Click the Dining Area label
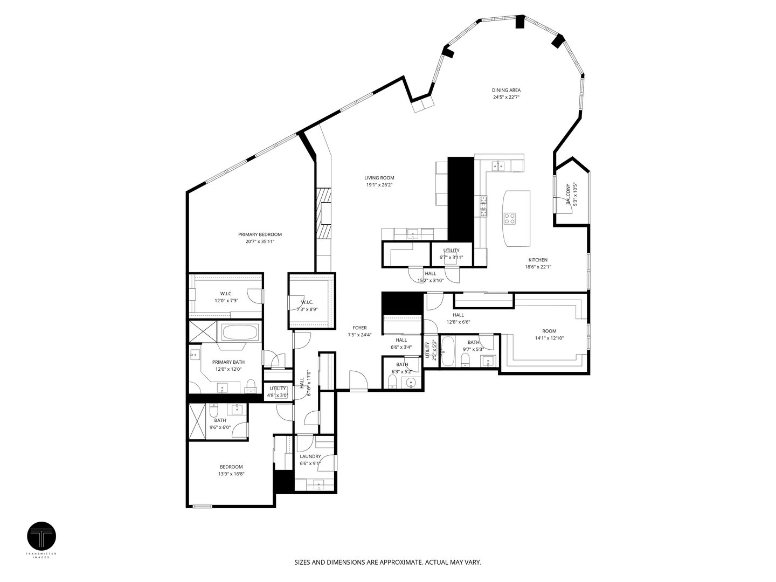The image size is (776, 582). pyautogui.click(x=506, y=91)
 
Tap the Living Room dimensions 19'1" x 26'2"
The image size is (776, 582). pyautogui.click(x=379, y=185)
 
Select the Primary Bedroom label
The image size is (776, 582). pyautogui.click(x=260, y=234)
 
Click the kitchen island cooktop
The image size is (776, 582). pyautogui.click(x=509, y=218)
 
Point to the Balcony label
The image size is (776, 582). pyautogui.click(x=567, y=194)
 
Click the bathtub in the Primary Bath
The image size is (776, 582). pyautogui.click(x=239, y=332)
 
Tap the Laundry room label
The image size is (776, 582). pyautogui.click(x=310, y=456)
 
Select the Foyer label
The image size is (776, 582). pyautogui.click(x=359, y=328)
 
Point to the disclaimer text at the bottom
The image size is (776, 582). pyautogui.click(x=387, y=562)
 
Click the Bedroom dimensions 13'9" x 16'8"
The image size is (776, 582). pyautogui.click(x=231, y=474)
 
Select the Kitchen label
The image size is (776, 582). pyautogui.click(x=538, y=260)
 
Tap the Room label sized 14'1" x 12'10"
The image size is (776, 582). pyautogui.click(x=549, y=331)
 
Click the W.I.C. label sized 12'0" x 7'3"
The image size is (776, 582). pyautogui.click(x=211, y=294)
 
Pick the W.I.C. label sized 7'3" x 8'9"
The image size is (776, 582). pyautogui.click(x=307, y=302)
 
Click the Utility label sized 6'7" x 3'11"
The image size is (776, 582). pyautogui.click(x=451, y=251)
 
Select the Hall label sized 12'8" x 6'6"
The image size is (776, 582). pyautogui.click(x=458, y=315)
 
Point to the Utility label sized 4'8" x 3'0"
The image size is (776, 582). pyautogui.click(x=278, y=388)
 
